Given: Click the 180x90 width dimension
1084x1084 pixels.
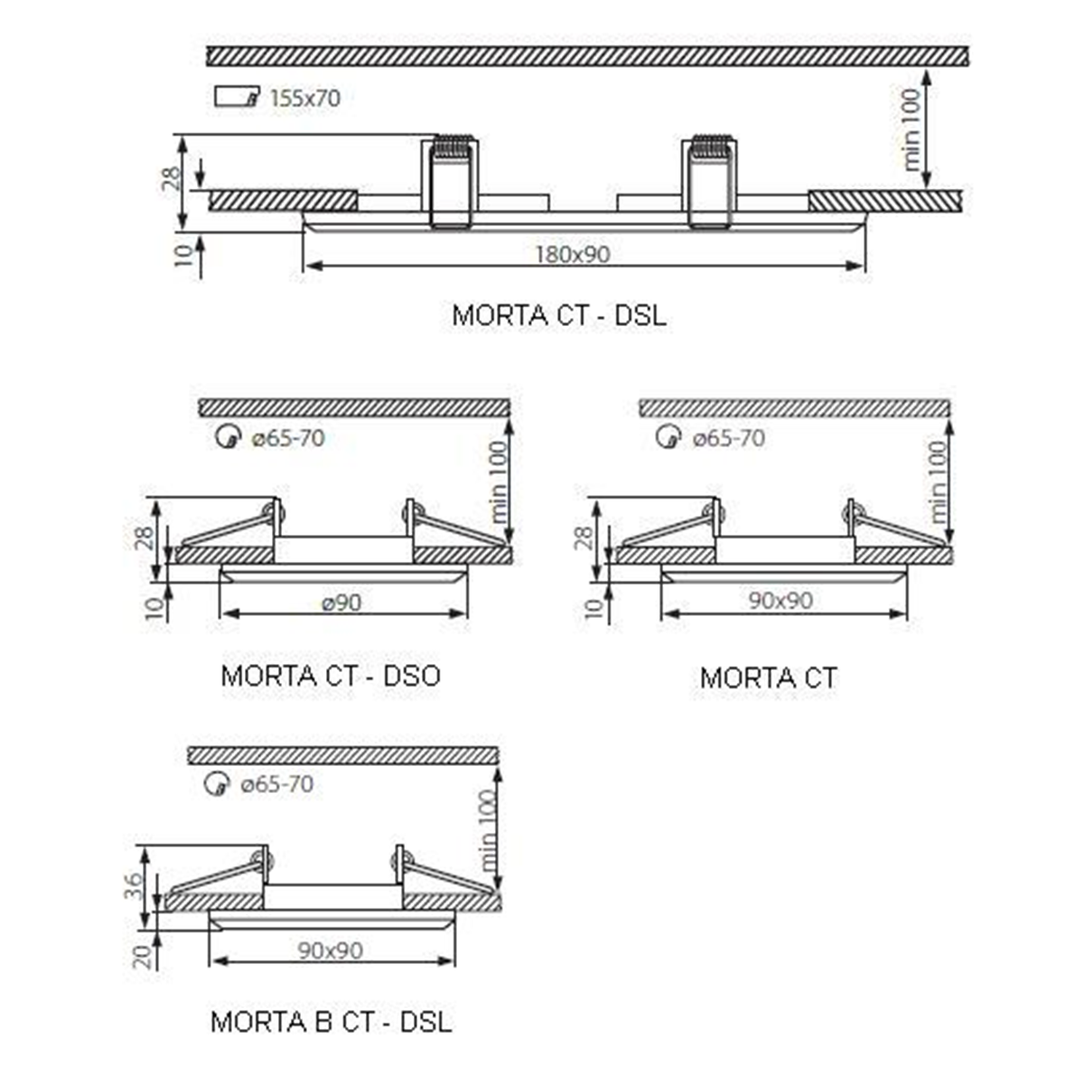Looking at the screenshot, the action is coord(572,255).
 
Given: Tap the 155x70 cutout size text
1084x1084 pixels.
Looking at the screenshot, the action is coord(305,98).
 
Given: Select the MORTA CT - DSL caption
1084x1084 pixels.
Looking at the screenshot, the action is coord(559,315).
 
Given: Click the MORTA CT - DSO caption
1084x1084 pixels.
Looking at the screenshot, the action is coord(331,676).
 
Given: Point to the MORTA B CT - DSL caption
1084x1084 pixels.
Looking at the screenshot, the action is coord(332,1022).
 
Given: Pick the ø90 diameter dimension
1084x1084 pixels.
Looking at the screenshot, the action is coord(341,603).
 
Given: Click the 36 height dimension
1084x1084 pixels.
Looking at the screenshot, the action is coord(134,887).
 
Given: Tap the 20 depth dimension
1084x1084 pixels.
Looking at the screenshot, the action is coord(143,957).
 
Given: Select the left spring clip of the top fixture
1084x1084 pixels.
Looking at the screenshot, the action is coord(451,182).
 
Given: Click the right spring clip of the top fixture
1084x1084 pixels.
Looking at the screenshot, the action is coord(710,182).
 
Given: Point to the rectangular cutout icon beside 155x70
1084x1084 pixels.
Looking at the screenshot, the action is coord(237,97).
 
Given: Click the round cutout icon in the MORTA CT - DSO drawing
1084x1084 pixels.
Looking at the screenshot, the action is coord(229,437).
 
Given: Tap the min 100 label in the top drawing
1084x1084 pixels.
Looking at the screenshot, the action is coord(911,129).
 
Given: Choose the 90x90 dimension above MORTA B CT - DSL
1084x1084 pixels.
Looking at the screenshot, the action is coord(331,950).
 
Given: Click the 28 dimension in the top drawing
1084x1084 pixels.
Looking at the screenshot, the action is coord(173,178).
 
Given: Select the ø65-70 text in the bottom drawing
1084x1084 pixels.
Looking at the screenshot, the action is coord(276,784).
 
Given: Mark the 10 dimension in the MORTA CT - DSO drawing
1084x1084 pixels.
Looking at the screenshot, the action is coord(154,608).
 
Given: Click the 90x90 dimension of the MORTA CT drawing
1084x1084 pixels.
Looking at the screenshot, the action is coord(780,601).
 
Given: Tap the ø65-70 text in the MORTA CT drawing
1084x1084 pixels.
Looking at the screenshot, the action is coord(729,438).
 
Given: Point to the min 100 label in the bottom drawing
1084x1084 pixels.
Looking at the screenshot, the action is coord(489,831).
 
